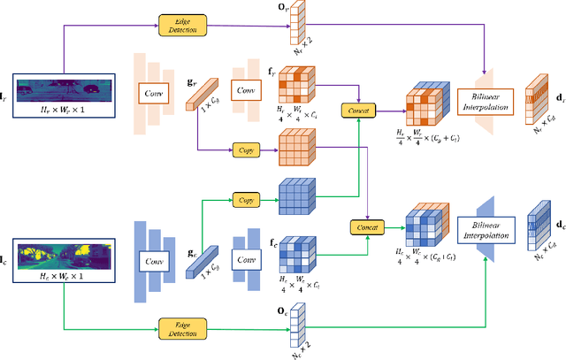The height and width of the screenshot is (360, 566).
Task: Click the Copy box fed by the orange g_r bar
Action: click(x=245, y=151)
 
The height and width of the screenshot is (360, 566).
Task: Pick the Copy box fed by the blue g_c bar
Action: click(x=245, y=200)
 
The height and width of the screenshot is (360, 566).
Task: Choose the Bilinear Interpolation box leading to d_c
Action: click(x=488, y=233)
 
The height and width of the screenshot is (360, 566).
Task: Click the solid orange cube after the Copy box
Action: click(x=299, y=147)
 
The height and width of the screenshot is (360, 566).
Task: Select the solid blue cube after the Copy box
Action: click(x=299, y=195)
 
